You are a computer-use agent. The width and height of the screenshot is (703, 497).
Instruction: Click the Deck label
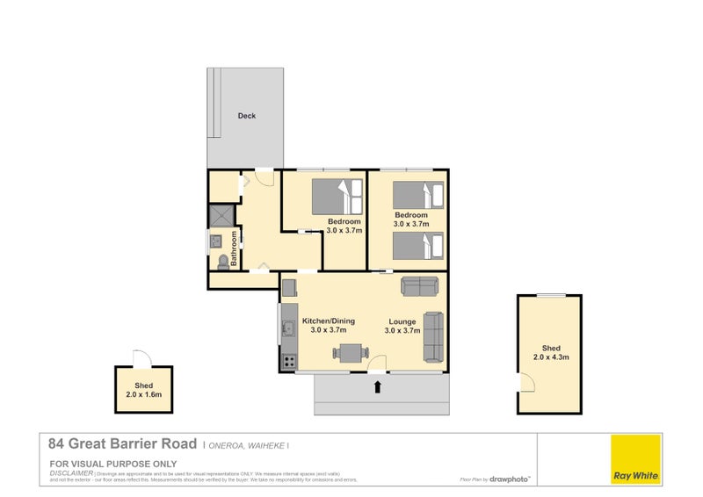(x=247, y=115)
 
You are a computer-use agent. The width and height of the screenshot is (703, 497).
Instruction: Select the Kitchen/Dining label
(x=328, y=321)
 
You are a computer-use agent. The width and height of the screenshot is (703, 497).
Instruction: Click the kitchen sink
(x=287, y=330)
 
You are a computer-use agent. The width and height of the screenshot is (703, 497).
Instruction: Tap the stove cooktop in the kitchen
(x=286, y=360)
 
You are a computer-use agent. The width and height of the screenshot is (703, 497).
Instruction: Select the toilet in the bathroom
(x=221, y=262)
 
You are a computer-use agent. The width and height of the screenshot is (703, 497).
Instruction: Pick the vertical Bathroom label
(x=235, y=248)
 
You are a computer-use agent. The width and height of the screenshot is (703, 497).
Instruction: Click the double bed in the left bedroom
(x=337, y=194)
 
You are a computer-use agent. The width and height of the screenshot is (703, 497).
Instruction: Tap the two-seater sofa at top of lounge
(x=420, y=285)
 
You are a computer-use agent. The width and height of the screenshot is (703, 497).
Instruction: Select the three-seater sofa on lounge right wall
(x=433, y=337)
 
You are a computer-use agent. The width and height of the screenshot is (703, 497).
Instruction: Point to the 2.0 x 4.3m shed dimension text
(x=551, y=357)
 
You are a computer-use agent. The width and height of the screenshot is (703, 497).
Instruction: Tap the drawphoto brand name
(x=511, y=479)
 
